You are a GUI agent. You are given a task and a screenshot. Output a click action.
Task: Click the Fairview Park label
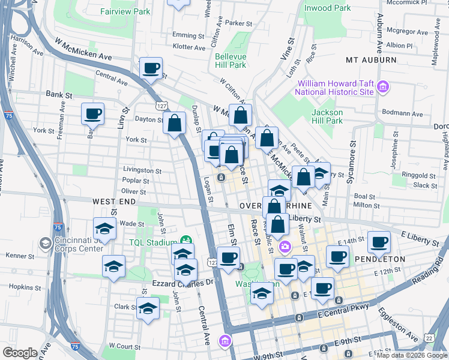click(125, 11)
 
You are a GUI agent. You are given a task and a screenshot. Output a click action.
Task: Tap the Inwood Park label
click(327, 8)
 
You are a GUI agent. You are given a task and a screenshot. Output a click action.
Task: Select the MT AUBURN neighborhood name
click(371, 60)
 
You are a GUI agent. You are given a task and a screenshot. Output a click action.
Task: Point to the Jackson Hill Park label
click(327, 116)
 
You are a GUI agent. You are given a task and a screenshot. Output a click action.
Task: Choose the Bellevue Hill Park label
click(231, 61)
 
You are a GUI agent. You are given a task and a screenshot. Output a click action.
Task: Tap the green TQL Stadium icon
click(186, 241)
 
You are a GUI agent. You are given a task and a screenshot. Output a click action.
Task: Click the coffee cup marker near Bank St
click(92, 113)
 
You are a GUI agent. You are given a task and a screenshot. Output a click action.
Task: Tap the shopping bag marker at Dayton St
click(174, 124)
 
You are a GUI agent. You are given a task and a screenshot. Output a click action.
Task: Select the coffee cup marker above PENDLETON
click(378, 242)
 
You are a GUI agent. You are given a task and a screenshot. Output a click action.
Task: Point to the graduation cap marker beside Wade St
click(104, 229)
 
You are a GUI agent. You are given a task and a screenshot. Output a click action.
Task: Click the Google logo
click(20, 353)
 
